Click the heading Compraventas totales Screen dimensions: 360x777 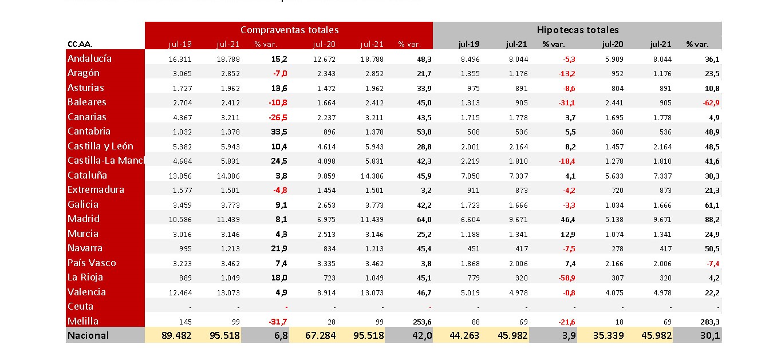click(289, 30)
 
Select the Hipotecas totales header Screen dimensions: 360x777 click(578, 30)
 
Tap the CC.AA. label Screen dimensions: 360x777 click(80, 44)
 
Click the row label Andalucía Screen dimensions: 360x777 click(89, 58)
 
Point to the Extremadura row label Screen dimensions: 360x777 click(96, 189)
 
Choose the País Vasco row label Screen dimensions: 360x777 click(92, 263)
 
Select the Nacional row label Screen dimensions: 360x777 click(88, 335)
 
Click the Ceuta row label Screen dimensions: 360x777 click(80, 306)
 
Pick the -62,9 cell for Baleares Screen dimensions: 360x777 click(708, 102)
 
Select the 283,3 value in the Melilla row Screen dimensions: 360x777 click(709, 321)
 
